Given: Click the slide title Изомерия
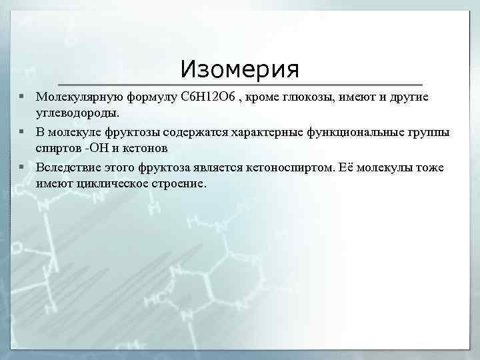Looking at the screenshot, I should click(x=240, y=69).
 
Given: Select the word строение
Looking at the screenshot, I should click(x=181, y=183).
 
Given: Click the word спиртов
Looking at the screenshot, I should click(x=59, y=148).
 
